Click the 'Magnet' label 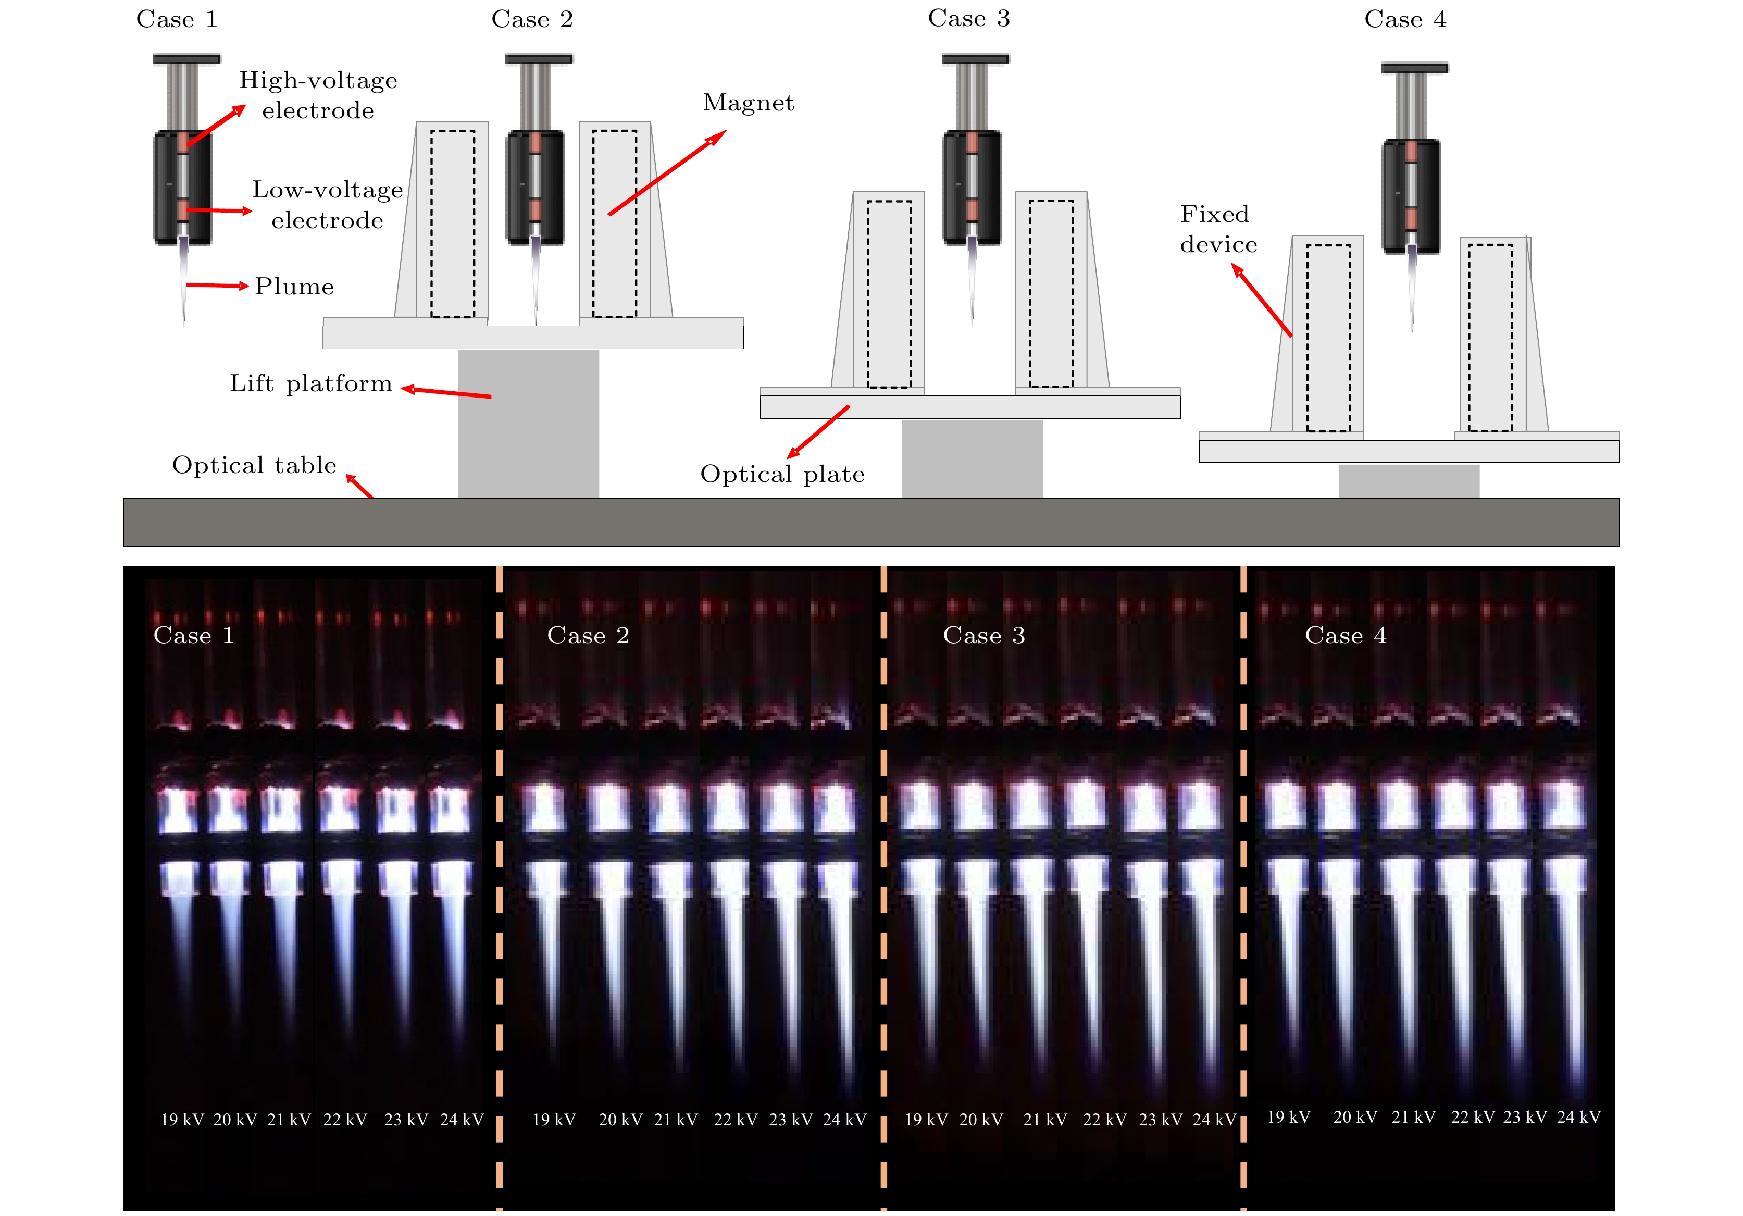pyautogui.click(x=749, y=103)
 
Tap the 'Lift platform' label pyautogui.click(x=312, y=383)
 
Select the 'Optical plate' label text pyautogui.click(x=782, y=474)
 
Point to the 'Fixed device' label pyautogui.click(x=1218, y=229)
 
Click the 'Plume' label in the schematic pyautogui.click(x=294, y=286)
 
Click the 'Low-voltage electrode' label pyautogui.click(x=327, y=205)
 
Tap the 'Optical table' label pyautogui.click(x=254, y=465)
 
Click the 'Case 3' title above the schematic pyautogui.click(x=969, y=18)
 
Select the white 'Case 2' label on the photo pyautogui.click(x=588, y=635)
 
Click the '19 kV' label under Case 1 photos pyautogui.click(x=182, y=1120)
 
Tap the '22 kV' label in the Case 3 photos pyautogui.click(x=1104, y=1120)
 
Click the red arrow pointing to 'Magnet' pyautogui.click(x=667, y=172)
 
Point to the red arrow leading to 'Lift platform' pyautogui.click(x=446, y=392)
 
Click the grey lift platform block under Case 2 pyautogui.click(x=528, y=423)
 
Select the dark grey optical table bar pyautogui.click(x=871, y=522)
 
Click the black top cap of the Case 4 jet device pyautogui.click(x=1414, y=68)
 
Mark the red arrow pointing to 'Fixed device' pyautogui.click(x=1262, y=300)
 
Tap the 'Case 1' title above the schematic pyautogui.click(x=177, y=19)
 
